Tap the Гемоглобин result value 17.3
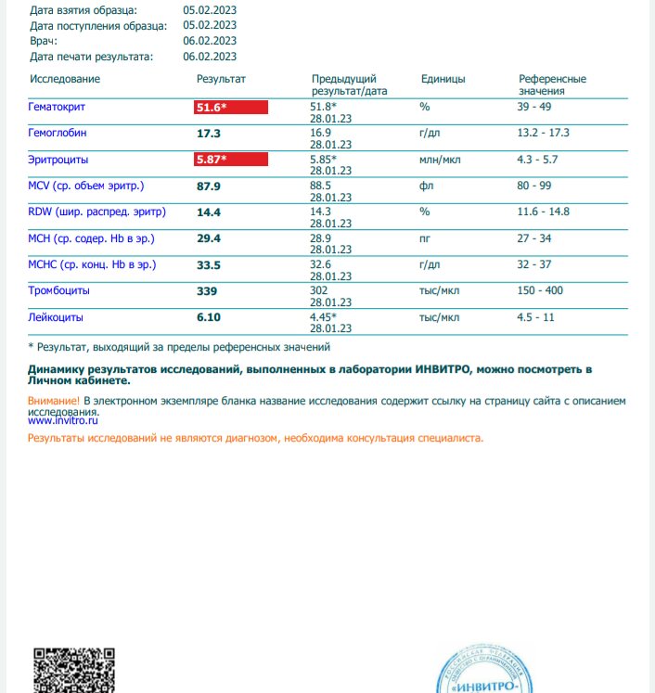(x=208, y=134)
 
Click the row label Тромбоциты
(x=65, y=291)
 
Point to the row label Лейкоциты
(x=57, y=317)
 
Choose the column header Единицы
(x=443, y=80)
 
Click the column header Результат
(x=220, y=80)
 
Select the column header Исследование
(x=65, y=80)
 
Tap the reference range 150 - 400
(x=540, y=291)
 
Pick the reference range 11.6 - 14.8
(x=544, y=212)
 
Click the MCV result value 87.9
(x=208, y=186)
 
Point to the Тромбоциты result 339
(x=207, y=291)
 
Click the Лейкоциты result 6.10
(x=208, y=317)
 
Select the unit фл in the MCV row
(x=427, y=186)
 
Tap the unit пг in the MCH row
(x=426, y=238)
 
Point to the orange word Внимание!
(x=54, y=401)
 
